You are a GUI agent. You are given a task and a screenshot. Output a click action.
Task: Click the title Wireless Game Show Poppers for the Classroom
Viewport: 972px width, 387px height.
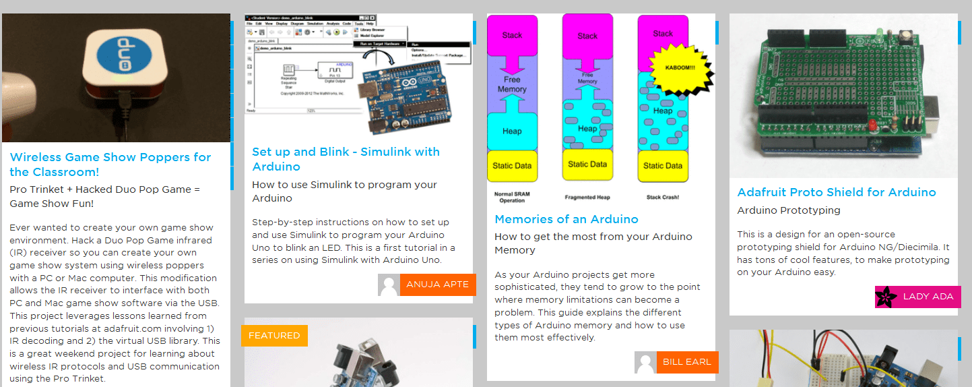point(110,165)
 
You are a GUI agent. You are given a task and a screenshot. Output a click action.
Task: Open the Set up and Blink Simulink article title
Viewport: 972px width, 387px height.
point(346,159)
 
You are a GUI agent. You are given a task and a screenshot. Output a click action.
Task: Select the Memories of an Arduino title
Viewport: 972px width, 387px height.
point(566,219)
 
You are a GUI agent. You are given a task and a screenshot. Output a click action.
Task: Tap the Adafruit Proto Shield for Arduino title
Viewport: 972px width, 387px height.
point(837,192)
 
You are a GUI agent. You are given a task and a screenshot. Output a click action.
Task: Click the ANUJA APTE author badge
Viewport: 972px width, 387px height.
point(438,285)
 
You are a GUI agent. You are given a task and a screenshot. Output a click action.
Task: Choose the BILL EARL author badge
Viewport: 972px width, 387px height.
point(687,362)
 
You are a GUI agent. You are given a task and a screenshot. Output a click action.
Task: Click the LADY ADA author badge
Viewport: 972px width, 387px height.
point(928,297)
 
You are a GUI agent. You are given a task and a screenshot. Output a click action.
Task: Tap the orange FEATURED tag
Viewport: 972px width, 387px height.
point(274,336)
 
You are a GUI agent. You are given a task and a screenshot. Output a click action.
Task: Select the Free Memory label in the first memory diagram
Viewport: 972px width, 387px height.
point(512,84)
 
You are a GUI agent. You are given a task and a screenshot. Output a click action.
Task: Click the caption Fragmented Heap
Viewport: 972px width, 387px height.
point(587,198)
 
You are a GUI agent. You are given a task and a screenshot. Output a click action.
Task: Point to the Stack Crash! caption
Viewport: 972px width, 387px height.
point(663,198)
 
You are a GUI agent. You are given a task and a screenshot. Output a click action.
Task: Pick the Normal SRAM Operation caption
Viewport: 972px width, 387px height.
point(513,198)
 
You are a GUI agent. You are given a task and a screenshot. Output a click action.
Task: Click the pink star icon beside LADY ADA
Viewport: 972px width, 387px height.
point(886,297)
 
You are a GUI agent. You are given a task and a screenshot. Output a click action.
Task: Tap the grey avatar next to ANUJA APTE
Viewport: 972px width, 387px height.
point(389,285)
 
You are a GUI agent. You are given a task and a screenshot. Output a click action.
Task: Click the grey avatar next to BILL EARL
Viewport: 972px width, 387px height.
point(645,362)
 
